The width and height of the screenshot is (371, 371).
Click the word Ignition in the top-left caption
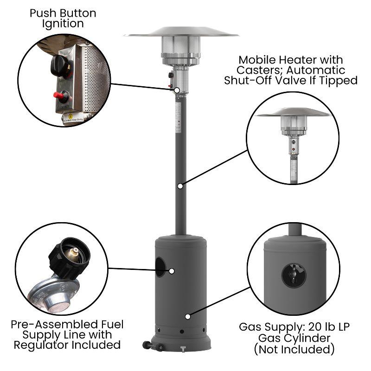tap(63, 23)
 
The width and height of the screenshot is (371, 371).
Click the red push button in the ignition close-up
tap(60, 96)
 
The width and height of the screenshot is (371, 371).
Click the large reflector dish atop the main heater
tap(181, 32)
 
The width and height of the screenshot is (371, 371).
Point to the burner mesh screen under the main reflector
tap(181, 46)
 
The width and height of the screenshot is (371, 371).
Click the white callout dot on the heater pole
tap(180, 185)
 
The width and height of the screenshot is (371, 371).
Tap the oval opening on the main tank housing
tap(160, 268)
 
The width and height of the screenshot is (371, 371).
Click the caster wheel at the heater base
tap(147, 345)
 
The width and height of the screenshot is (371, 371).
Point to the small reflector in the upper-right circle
tap(293, 113)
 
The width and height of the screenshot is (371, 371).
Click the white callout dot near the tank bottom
tap(187, 316)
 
